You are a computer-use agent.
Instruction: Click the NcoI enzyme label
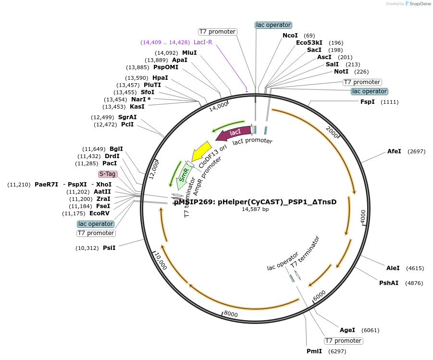coord(290,36)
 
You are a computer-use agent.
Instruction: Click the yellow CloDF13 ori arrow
coord(201,150)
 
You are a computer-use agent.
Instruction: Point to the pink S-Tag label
coord(107,174)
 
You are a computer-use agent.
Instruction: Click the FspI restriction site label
coord(368,102)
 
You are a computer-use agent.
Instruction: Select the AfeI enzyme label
coord(394,151)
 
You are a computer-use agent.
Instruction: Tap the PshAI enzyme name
coord(389,283)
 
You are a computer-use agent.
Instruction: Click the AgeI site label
coord(347,330)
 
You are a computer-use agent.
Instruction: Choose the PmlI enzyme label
coord(314,351)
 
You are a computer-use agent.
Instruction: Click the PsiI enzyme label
coord(109,248)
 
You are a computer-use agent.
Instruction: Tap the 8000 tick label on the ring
coord(231,314)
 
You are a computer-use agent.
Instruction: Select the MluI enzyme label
coord(189,53)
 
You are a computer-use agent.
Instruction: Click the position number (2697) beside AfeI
coord(416,151)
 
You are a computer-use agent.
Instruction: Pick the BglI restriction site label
coord(116,149)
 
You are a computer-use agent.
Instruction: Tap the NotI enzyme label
coord(341,72)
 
